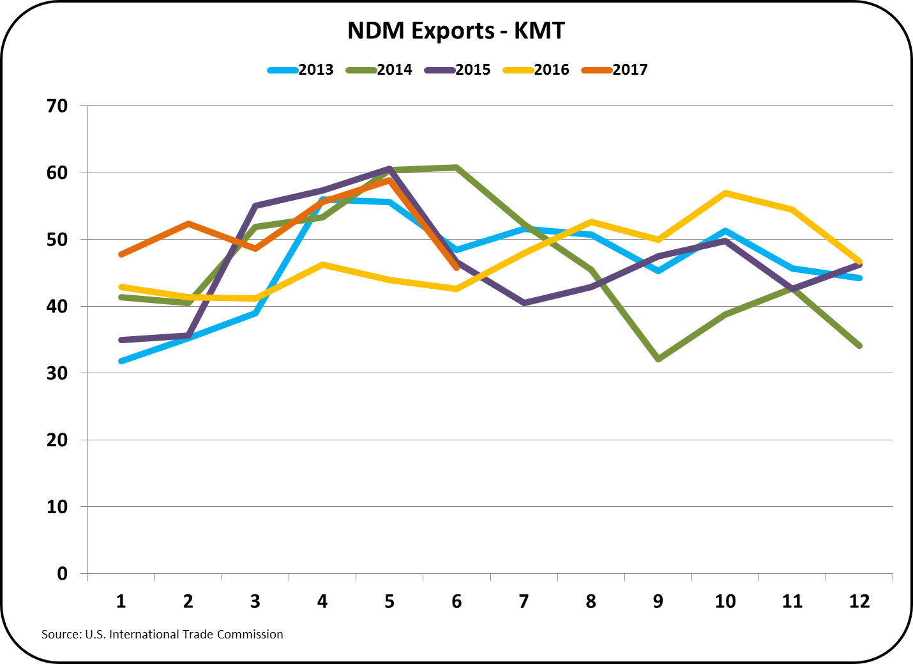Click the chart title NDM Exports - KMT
456,31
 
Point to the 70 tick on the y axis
57,106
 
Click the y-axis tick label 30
57,373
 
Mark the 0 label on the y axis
62,574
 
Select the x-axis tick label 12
859,601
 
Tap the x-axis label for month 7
524,601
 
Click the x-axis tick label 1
121,601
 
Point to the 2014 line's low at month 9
658,359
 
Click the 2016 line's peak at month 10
725,193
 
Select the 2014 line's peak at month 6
456,167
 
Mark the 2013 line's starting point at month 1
121,361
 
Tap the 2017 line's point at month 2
188,224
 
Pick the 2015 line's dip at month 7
524,303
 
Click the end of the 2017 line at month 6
456,268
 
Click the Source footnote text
162,635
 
